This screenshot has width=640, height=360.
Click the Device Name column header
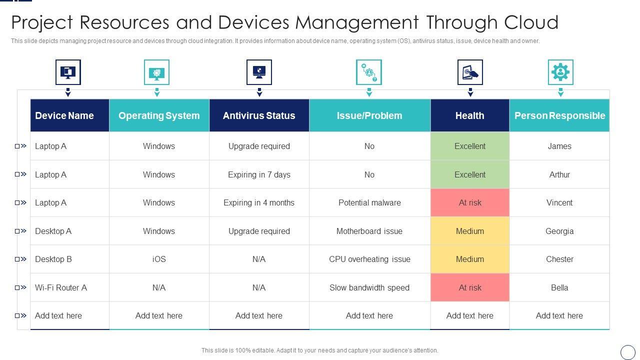point(64,115)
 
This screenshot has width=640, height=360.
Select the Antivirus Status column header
point(259,115)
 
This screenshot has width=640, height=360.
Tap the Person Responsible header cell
point(559,115)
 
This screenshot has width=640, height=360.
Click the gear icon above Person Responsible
point(560,72)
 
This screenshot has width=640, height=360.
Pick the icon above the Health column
point(470,72)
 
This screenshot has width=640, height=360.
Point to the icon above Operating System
point(156,72)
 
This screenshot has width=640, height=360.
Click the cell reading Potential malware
point(369,202)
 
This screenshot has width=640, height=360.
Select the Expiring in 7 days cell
point(259,174)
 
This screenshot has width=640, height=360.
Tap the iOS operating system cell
point(159,259)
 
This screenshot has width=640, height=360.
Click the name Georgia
point(559,231)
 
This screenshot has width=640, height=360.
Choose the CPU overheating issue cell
point(369,259)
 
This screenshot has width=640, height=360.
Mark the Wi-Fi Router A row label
point(61,287)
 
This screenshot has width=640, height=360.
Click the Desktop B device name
point(53,259)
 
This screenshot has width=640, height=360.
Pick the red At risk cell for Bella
point(470,287)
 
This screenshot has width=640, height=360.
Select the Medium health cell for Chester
point(470,259)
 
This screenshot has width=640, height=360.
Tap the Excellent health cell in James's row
point(470,146)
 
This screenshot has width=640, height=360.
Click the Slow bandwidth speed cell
point(369,287)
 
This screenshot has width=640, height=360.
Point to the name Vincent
point(559,202)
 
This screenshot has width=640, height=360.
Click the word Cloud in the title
point(531,22)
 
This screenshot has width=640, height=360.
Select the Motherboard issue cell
point(369,231)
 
